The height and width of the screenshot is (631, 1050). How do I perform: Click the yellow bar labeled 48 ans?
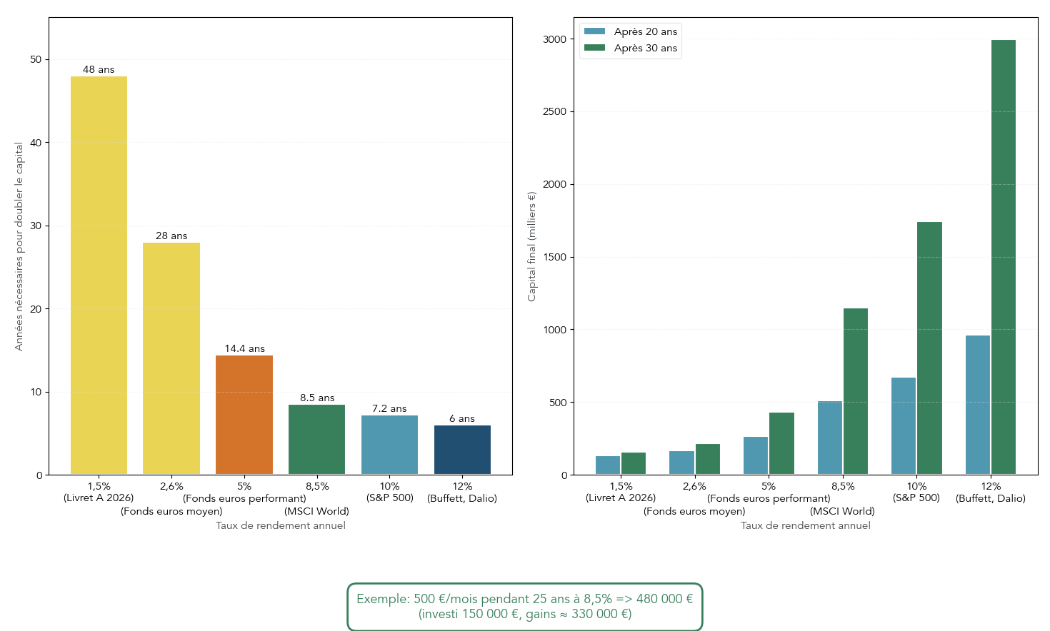tap(99, 276)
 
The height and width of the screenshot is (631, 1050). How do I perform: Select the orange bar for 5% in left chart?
tap(244, 415)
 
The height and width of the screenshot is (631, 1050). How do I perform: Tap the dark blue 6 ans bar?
tap(462, 450)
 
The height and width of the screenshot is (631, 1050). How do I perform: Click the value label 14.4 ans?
tap(244, 348)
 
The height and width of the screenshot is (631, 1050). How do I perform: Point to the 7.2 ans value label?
tap(389, 408)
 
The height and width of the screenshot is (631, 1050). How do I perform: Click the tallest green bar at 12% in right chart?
tap(1003, 257)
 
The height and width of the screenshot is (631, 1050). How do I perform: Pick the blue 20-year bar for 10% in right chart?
tap(903, 426)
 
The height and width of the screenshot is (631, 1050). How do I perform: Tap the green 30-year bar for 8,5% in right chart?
tap(855, 391)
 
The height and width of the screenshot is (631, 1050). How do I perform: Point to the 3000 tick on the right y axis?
tap(554, 39)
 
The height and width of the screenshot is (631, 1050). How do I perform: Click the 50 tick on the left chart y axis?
tap(36, 59)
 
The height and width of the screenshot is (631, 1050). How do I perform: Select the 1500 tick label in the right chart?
tap(554, 257)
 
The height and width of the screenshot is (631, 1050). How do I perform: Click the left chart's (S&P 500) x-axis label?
tap(389, 498)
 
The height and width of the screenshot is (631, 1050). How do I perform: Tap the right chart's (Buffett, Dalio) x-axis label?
tap(990, 498)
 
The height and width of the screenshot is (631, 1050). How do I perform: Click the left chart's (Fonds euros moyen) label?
tap(171, 511)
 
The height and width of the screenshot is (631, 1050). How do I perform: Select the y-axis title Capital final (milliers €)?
tap(531, 246)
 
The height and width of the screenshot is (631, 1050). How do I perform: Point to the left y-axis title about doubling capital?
tap(19, 246)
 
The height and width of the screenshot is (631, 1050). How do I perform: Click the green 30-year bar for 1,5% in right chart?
tap(634, 463)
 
